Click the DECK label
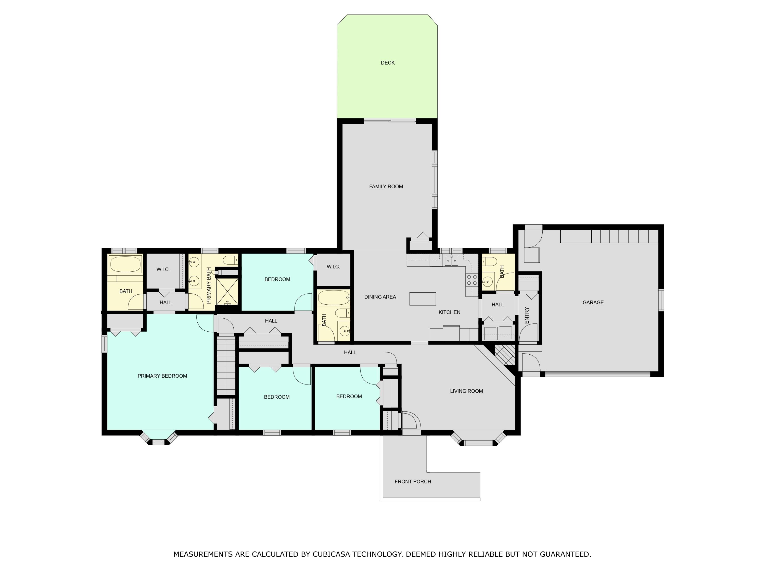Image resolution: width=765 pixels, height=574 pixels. coord(388,63)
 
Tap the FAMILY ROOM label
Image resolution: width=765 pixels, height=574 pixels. coord(386,186)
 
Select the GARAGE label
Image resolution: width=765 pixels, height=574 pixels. coord(593,302)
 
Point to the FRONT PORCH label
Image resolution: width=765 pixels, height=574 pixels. coord(413,481)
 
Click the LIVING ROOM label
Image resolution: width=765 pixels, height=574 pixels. coord(466,391)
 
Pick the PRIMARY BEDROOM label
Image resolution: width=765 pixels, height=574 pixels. coord(162,376)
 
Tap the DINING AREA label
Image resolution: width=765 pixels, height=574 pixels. coord(380,297)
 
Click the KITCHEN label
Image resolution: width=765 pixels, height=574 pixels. coord(449,312)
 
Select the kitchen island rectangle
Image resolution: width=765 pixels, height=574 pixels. coord(422,298)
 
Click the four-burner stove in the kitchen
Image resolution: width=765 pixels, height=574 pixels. coord(472,280)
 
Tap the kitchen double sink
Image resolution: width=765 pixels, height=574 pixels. coord(451,260)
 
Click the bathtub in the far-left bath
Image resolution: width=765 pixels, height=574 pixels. coord(125,265)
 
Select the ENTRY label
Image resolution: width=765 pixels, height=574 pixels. coord(527,315)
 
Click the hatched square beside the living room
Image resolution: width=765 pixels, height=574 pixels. coord(505,354)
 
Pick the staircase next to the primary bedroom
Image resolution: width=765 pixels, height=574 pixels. coord(226,365)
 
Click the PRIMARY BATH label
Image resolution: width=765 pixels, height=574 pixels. coord(209,285)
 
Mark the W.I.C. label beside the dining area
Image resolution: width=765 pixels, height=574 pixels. coord(333,267)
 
